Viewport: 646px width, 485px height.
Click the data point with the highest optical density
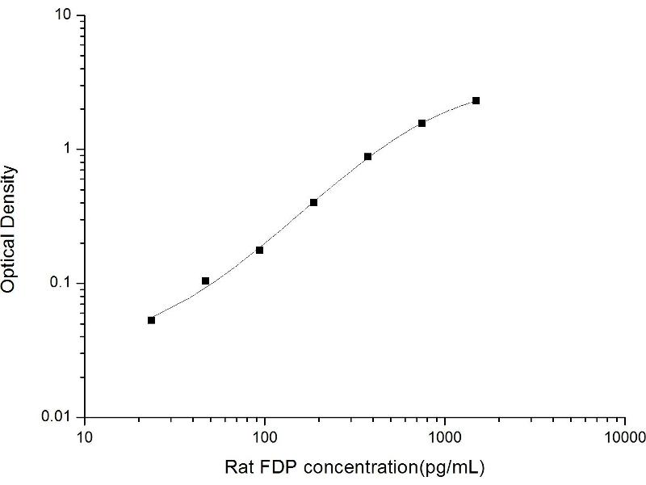click(x=476, y=100)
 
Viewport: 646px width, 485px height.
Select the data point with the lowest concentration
click(x=151, y=320)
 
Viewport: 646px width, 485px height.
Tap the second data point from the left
click(x=205, y=280)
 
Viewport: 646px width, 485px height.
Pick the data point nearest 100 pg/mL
click(x=259, y=250)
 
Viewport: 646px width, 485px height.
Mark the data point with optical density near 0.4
click(x=313, y=202)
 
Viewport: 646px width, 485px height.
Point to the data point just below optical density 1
click(x=367, y=156)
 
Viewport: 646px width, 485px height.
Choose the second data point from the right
click(x=422, y=123)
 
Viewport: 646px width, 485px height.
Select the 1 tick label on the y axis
click(x=69, y=150)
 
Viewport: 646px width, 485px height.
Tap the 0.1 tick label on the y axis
click(x=63, y=283)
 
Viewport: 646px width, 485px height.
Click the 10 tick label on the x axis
click(x=84, y=436)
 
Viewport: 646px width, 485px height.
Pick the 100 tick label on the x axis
click(x=264, y=436)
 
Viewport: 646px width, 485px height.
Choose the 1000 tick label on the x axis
click(x=444, y=436)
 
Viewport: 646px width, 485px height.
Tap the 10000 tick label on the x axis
click(x=624, y=436)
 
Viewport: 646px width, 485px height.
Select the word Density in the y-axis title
click(x=10, y=193)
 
